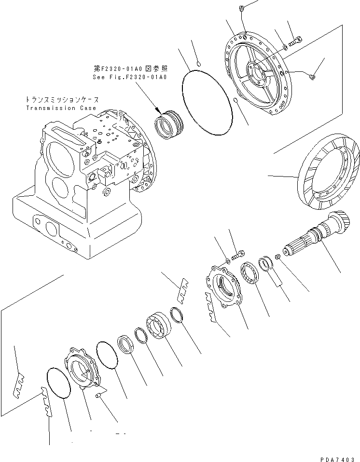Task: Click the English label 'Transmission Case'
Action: click(x=61, y=109)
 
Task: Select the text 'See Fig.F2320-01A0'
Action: click(x=129, y=77)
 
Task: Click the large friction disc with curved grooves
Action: click(x=329, y=177)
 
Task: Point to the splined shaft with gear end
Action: click(x=314, y=236)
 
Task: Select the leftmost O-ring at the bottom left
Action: click(x=58, y=383)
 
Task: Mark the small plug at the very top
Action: click(x=244, y=8)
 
